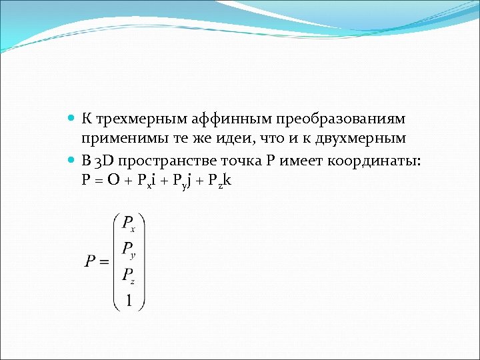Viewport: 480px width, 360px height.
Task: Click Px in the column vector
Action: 129,223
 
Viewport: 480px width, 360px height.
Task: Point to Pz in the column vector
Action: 129,276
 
